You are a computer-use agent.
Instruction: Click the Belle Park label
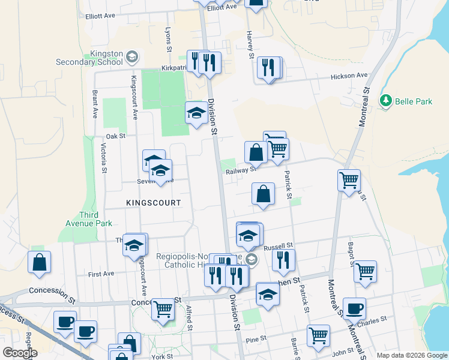pos(414,101)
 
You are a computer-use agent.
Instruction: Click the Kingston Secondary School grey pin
pos(132,58)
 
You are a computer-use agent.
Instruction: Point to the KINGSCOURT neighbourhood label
pos(154,203)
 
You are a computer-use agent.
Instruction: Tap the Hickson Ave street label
pos(351,76)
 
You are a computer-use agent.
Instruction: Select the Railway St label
pos(241,170)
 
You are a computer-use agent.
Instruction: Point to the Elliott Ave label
pos(100,17)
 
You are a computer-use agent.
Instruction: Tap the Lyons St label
pos(168,37)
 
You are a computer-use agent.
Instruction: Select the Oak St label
pos(115,136)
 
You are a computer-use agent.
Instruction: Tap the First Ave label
pos(101,274)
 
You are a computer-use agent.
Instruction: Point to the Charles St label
pos(381,322)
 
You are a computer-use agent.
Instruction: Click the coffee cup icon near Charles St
pos(354,309)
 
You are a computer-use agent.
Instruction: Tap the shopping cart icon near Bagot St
pos(365,272)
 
